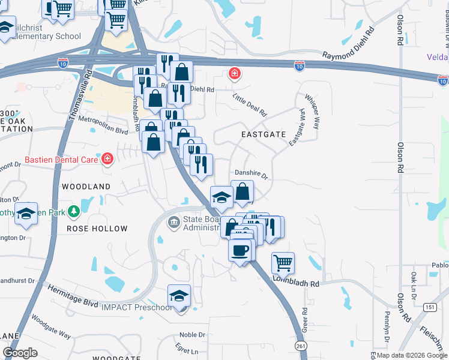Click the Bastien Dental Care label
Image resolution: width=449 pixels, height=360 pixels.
tap(61, 160)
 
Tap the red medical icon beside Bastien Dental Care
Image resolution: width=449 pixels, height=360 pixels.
tap(107, 159)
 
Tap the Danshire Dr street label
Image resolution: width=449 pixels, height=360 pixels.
tap(251, 175)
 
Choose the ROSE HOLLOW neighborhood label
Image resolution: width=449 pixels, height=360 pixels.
tap(97, 229)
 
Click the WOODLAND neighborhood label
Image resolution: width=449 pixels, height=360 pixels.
tap(86, 187)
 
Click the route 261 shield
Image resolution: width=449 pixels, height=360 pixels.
tap(301, 346)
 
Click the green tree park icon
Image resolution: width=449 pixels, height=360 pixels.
tap(74, 211)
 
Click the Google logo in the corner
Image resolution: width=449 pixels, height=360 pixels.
tap(20, 352)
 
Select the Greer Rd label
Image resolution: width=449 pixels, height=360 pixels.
tap(305, 320)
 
